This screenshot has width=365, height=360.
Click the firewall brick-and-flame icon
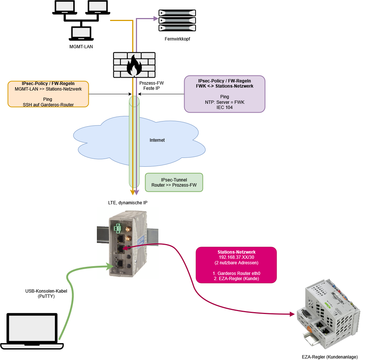[134, 65]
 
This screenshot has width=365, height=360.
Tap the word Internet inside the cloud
[157, 140]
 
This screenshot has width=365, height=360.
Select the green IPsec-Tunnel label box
[174, 182]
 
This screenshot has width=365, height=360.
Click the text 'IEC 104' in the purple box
[224, 107]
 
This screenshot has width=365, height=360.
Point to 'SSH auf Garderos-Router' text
[48, 105]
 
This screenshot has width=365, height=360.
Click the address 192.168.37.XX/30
[236, 257]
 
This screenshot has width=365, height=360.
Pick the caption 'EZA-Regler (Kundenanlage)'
[330, 357]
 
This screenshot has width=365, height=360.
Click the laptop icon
[32, 332]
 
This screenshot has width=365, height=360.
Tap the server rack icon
[177, 20]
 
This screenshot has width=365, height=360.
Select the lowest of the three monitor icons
[81, 33]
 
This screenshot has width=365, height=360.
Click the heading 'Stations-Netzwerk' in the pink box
[236, 252]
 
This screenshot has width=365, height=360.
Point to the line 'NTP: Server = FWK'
[224, 102]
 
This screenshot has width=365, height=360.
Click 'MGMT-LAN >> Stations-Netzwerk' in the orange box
[48, 89]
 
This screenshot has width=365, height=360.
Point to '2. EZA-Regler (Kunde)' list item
[236, 279]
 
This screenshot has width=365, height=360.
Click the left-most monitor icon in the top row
[64, 7]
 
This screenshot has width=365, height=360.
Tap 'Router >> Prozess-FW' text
[174, 185]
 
